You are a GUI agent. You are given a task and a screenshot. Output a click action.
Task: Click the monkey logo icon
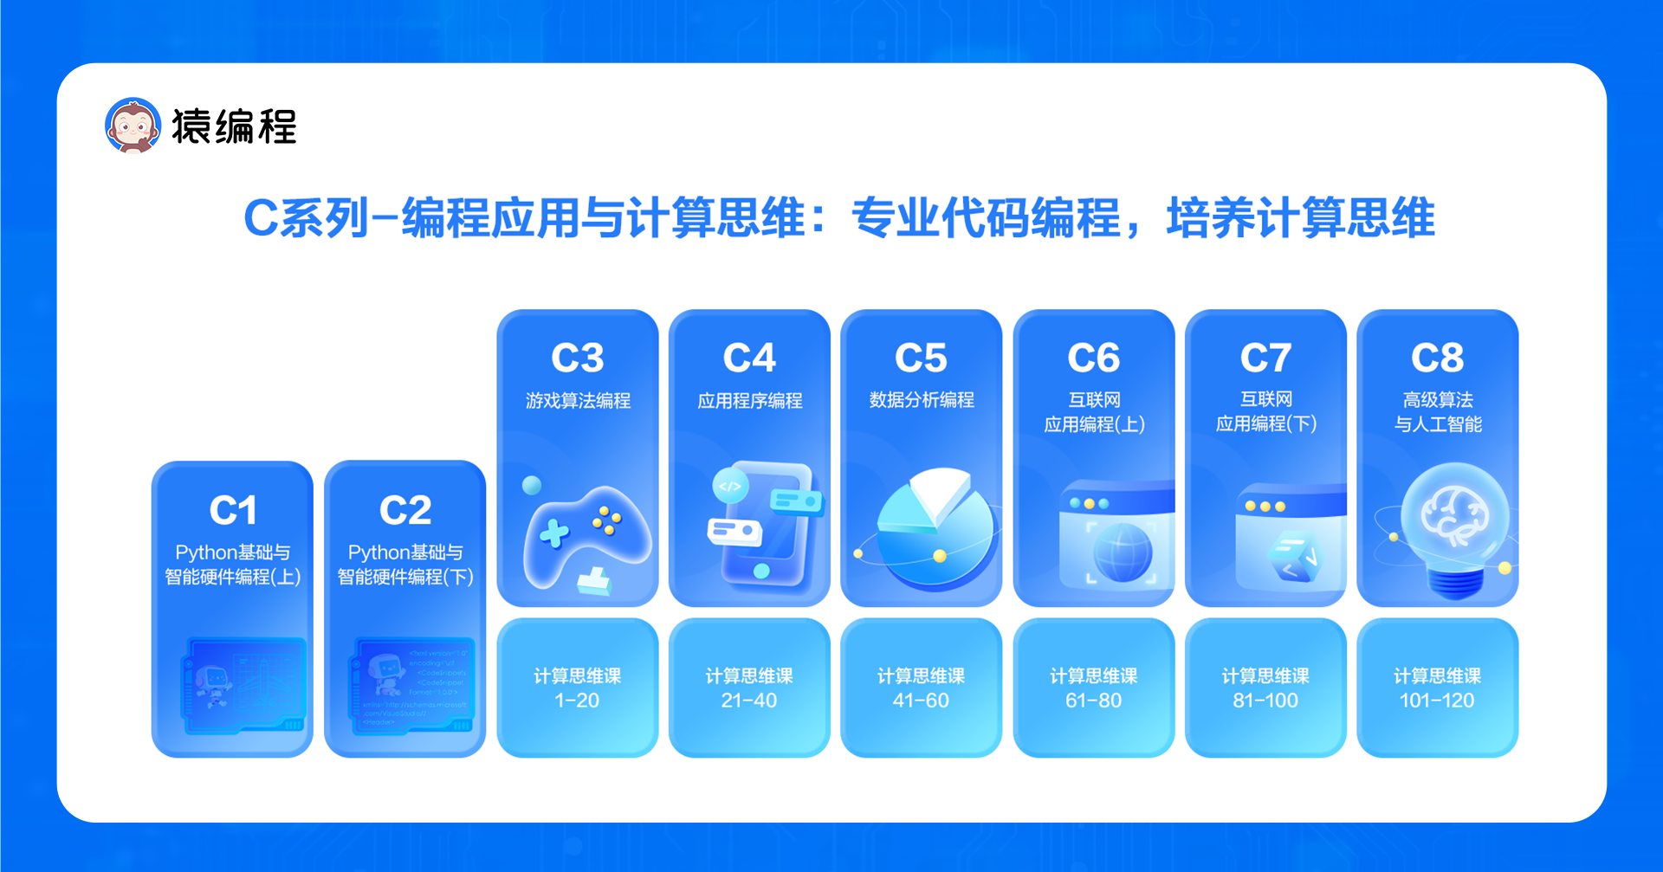coord(133,126)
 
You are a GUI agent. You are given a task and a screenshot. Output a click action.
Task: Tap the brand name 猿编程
coord(234,126)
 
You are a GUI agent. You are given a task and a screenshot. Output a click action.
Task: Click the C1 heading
coord(233,510)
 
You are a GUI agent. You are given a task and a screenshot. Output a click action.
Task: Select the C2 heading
coord(405,510)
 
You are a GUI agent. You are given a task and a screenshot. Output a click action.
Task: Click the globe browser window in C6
coord(1117,537)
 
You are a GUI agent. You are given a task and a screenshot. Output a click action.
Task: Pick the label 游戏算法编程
coord(578,400)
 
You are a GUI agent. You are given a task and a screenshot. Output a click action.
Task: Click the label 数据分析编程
coord(922,400)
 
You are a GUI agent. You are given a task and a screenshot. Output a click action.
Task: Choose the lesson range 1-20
coord(577,701)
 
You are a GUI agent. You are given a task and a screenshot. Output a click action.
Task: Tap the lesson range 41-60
coord(921,701)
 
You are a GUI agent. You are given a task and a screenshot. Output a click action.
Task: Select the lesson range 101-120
coord(1437,701)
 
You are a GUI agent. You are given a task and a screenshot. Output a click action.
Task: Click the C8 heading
coord(1437,358)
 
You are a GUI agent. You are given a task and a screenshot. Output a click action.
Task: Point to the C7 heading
coord(1265,358)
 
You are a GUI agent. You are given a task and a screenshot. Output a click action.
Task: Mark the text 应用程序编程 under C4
coord(750,400)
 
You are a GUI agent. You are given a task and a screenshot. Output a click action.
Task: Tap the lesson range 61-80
coord(1093,701)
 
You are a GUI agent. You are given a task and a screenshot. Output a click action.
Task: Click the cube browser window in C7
coord(1291,541)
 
